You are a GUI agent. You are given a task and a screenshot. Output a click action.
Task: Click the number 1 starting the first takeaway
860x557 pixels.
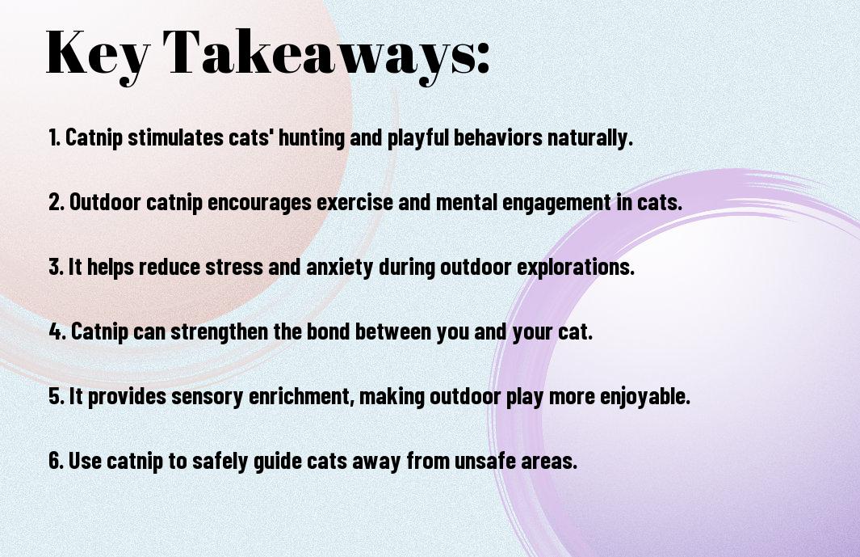point(52,137)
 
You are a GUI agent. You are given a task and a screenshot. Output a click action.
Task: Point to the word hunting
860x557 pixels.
point(312,138)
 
